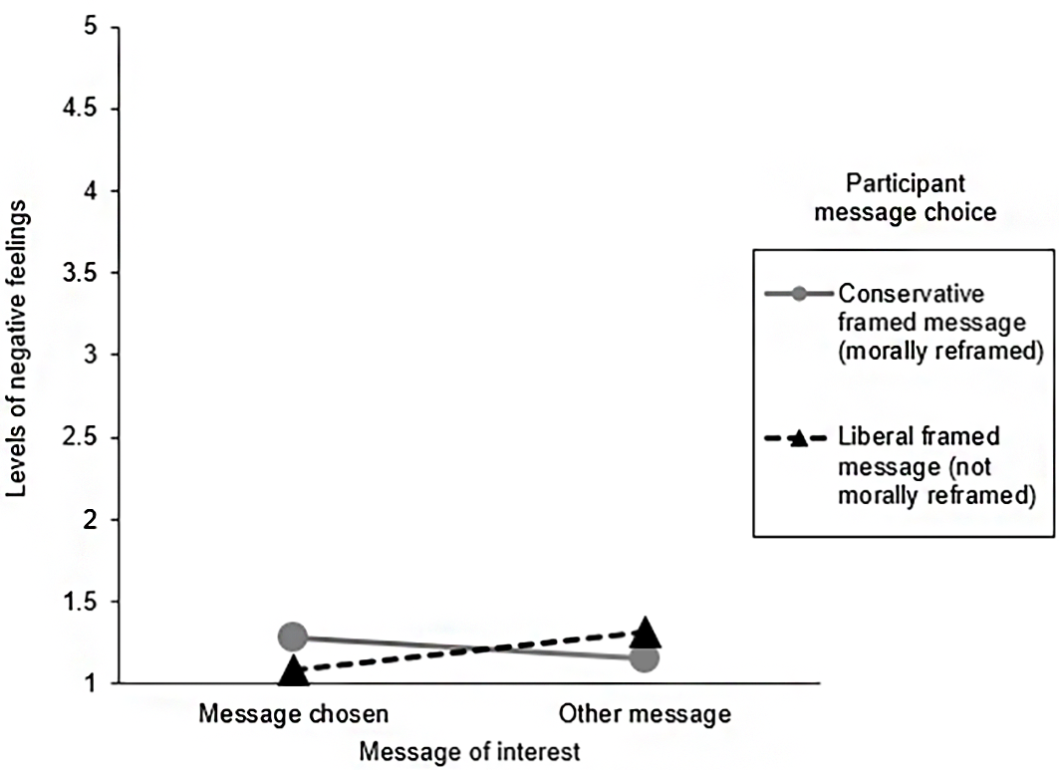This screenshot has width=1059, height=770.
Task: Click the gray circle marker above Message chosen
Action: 293,637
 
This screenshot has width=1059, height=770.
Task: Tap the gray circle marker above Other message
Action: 645,657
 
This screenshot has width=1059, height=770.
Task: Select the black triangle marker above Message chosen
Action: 293,670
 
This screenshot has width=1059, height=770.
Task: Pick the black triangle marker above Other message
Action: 645,633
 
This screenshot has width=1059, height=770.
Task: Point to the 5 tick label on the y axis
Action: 92,27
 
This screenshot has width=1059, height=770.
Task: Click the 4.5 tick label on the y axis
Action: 81,109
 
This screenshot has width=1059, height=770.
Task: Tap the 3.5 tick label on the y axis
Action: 81,273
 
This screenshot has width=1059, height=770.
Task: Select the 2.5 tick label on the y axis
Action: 81,437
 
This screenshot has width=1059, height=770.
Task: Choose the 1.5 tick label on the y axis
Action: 81,601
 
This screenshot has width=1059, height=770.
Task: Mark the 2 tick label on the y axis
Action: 92,519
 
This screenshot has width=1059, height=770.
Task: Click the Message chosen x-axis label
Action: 293,714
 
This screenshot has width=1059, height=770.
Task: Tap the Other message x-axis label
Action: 645,714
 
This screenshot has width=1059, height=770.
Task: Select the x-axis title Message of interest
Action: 469,752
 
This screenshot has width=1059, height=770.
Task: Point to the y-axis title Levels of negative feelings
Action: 16,349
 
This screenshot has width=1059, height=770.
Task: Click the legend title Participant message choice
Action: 905,197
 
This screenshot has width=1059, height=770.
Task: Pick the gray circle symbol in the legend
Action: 799,294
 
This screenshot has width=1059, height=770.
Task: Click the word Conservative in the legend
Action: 912,293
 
